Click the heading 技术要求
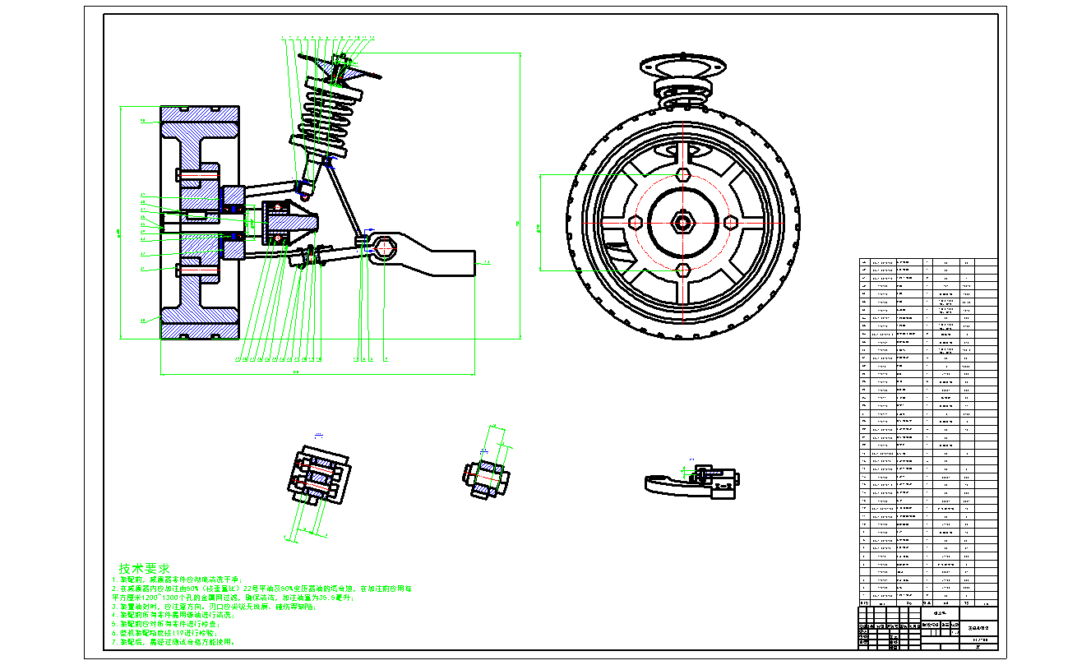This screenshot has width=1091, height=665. pos(145,568)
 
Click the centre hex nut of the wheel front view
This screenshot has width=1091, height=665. pos(682,221)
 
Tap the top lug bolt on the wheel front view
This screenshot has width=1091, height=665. pos(682,174)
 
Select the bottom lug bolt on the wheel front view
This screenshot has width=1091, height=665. pos(682,269)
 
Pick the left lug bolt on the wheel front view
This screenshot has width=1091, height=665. pos(635,222)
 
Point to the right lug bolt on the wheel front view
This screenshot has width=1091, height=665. pos(730,222)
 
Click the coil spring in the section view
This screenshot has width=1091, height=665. pos(329,119)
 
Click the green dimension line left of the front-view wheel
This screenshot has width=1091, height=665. pos(539,222)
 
